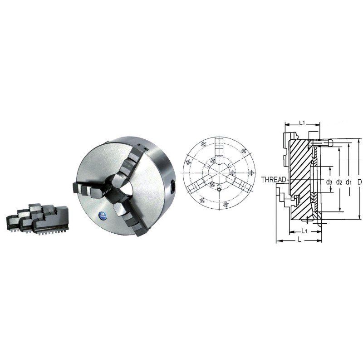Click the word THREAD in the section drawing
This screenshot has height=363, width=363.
(x=274, y=179)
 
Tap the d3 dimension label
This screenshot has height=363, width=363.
(x=329, y=182)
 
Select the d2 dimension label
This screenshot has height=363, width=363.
(x=339, y=182)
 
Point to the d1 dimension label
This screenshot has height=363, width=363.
(x=348, y=182)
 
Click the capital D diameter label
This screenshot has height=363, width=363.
(x=359, y=182)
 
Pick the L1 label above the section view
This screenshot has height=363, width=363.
(x=302, y=123)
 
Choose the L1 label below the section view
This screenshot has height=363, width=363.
(x=304, y=231)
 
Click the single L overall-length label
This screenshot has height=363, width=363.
(x=299, y=240)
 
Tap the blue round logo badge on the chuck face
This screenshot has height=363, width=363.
(x=102, y=214)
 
